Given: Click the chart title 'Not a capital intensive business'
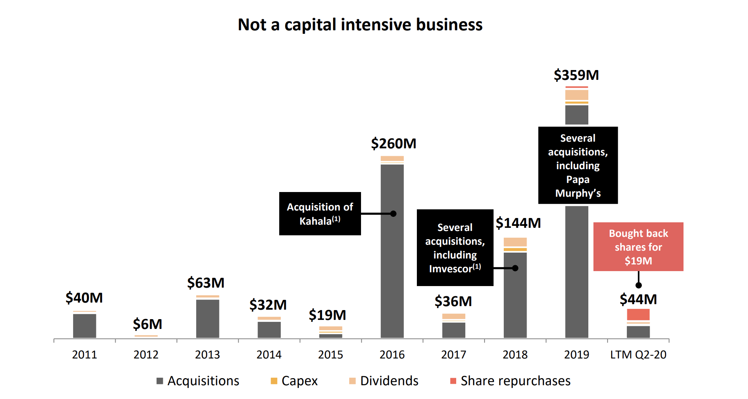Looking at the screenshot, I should click(360, 25).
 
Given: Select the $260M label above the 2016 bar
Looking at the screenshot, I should click(393, 144).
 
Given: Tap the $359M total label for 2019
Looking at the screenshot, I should click(576, 75).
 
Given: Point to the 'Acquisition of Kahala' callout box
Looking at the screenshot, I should click(320, 214).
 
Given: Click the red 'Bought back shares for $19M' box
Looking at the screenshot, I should click(638, 247).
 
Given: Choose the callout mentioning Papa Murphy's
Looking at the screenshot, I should click(578, 165).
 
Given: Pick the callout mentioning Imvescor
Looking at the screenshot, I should click(455, 248).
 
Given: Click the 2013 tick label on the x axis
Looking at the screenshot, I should click(207, 355).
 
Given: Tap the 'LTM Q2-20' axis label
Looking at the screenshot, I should click(638, 355).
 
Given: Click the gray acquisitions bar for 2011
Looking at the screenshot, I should click(85, 326).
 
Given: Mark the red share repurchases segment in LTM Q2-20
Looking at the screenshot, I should click(638, 314).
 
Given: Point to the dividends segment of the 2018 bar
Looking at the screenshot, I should click(515, 242).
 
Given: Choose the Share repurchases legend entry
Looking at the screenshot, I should click(510, 381).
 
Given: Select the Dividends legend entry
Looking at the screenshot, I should click(383, 381).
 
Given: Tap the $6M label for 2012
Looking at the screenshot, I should click(147, 324).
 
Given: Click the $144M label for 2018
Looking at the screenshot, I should click(518, 223).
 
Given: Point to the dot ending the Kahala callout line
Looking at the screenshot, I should click(393, 214).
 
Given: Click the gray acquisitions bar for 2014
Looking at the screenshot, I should click(269, 330).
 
